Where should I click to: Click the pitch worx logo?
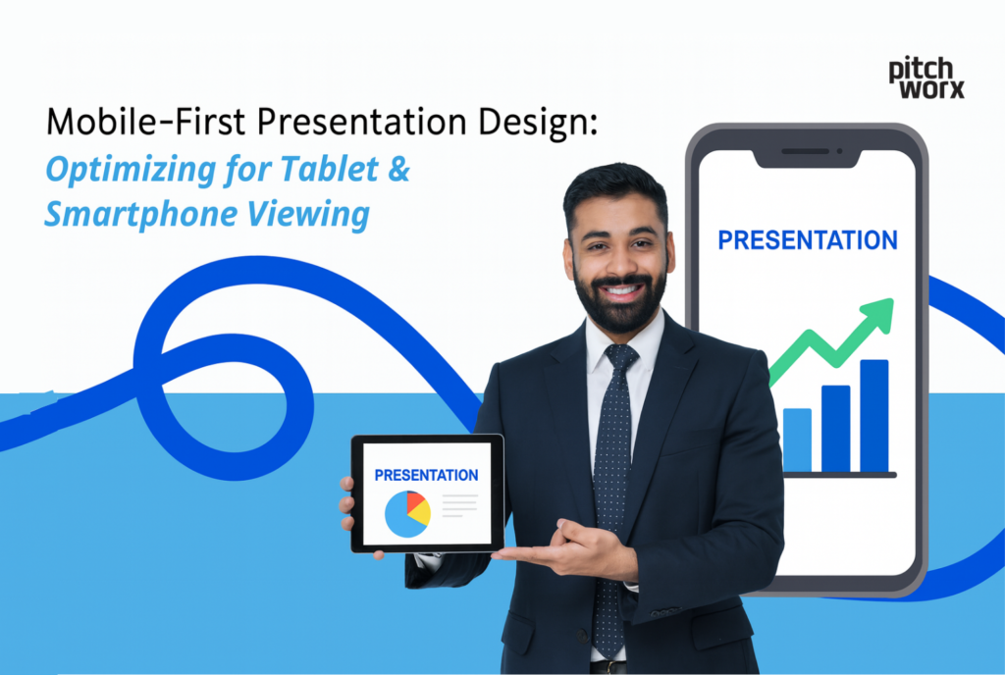[x=926, y=78]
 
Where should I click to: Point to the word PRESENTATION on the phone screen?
[x=807, y=240]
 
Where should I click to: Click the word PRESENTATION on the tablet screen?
[x=427, y=475]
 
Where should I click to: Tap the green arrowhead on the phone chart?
[x=880, y=312]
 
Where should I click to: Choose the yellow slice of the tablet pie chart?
[x=420, y=513]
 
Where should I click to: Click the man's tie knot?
[x=621, y=359]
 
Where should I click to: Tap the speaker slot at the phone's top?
[x=806, y=154]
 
